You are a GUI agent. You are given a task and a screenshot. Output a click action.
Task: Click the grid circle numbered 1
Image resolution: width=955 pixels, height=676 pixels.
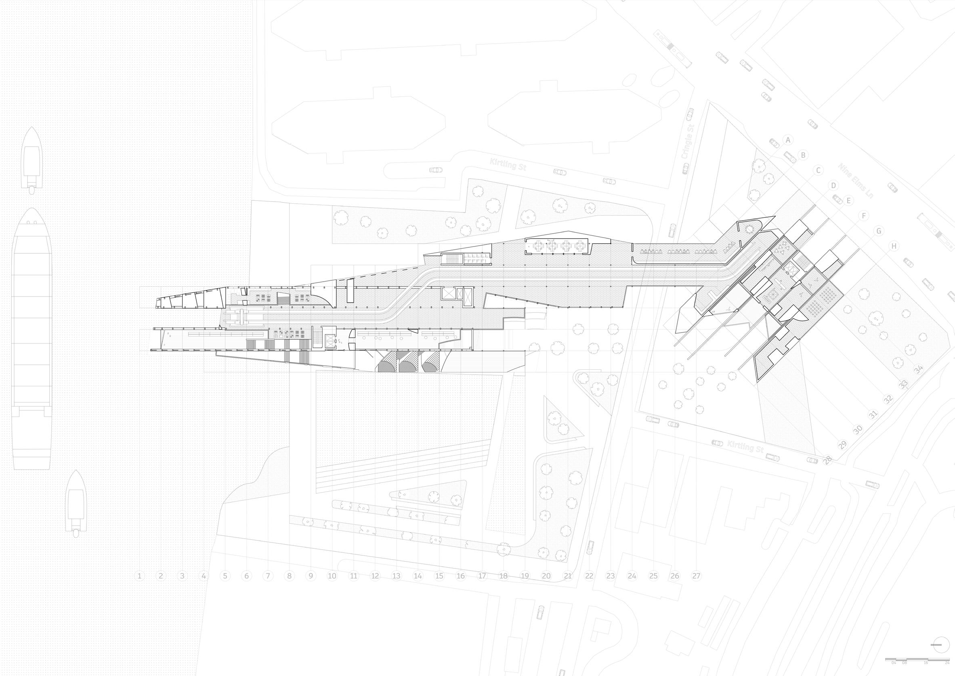point(139,576)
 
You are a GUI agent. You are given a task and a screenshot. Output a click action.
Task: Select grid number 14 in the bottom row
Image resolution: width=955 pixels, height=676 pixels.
point(418,576)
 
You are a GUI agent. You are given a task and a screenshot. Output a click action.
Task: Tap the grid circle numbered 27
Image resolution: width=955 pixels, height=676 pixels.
point(696,576)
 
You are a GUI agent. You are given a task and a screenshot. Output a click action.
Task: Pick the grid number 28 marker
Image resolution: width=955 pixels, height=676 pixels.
point(828,460)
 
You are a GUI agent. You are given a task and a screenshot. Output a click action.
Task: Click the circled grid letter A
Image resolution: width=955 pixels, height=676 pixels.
point(787,140)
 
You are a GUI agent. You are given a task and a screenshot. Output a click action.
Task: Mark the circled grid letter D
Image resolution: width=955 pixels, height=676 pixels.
point(833,185)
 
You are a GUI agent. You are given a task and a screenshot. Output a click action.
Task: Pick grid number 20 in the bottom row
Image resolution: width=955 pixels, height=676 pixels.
point(546,576)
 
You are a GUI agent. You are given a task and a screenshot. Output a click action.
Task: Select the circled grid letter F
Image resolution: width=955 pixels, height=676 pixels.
point(864,216)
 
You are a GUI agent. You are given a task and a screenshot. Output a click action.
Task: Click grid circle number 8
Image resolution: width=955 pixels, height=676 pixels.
point(289,576)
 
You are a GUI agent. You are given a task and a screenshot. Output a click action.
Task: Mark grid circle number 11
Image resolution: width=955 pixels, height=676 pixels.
point(354,576)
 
